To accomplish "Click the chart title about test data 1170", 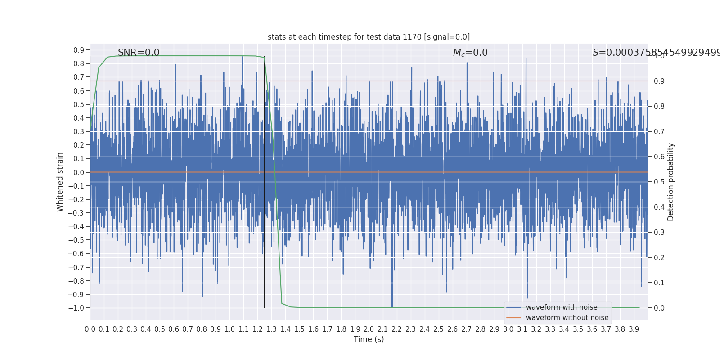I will click(x=369, y=37).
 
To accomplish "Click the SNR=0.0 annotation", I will click(x=139, y=53).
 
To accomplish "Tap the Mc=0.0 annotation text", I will click(x=470, y=53).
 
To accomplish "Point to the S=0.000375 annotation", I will click(x=655, y=53).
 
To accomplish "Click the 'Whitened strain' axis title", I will click(x=60, y=182).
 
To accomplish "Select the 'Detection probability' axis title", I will click(x=671, y=182).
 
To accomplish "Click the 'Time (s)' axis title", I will click(x=369, y=339).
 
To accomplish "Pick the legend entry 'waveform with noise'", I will click(x=562, y=307).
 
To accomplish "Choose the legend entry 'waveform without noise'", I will click(x=567, y=318).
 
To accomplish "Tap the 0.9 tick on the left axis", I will click(x=79, y=50).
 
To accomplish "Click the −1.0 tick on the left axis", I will click(x=77, y=308).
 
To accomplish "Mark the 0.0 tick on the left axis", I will click(x=79, y=172).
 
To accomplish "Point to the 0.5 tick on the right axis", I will click(x=659, y=182).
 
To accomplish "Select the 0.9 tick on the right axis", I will click(x=659, y=81).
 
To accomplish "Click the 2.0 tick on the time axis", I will click(x=369, y=329).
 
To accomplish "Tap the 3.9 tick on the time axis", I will click(x=634, y=329).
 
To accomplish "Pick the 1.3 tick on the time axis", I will click(x=271, y=329).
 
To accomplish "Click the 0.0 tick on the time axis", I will click(x=90, y=329).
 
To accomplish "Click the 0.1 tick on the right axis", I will click(x=659, y=283).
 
